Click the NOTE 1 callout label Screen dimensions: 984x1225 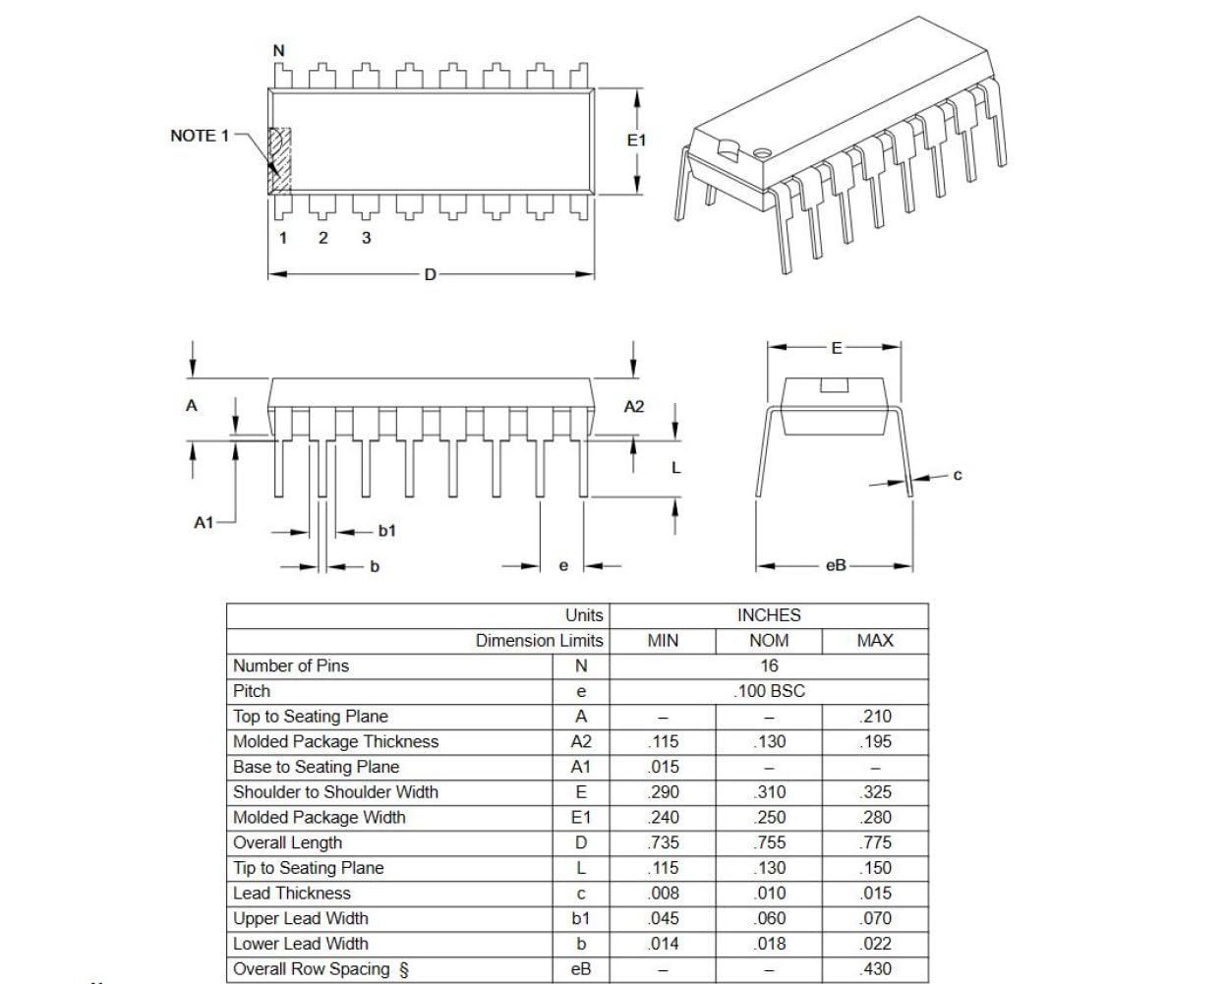pyautogui.click(x=199, y=136)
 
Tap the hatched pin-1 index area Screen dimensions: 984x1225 pyautogui.click(x=281, y=159)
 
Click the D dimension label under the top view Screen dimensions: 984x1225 pyautogui.click(x=430, y=275)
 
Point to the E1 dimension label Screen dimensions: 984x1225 pyautogui.click(x=637, y=141)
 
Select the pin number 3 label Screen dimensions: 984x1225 pyautogui.click(x=367, y=238)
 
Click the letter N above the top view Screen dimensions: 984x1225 pyautogui.click(x=279, y=50)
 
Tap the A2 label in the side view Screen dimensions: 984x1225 pyautogui.click(x=634, y=407)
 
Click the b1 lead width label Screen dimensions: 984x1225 pyautogui.click(x=387, y=531)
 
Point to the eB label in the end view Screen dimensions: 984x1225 pyautogui.click(x=835, y=566)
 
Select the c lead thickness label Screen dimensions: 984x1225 pyautogui.click(x=958, y=476)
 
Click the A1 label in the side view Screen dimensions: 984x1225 pyautogui.click(x=204, y=523)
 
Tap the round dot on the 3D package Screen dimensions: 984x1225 pyautogui.click(x=761, y=154)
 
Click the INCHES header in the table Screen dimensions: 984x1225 pyautogui.click(x=769, y=615)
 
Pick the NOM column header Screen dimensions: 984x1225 pyautogui.click(x=769, y=641)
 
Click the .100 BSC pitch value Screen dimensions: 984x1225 pyautogui.click(x=769, y=691)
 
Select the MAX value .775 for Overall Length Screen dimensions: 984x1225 pyautogui.click(x=875, y=842)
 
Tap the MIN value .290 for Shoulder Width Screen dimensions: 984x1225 pyautogui.click(x=664, y=792)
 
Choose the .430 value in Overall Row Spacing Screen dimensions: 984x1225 pyautogui.click(x=875, y=969)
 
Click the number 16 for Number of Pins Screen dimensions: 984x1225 pyautogui.click(x=769, y=666)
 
